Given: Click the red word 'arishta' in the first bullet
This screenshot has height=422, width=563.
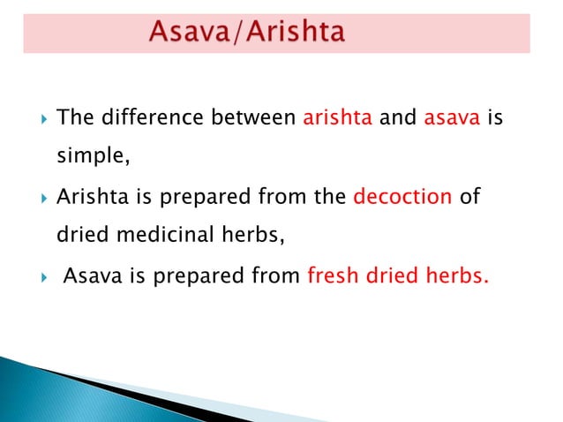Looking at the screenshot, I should (337, 117).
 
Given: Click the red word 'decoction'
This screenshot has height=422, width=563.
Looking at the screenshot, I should (402, 196).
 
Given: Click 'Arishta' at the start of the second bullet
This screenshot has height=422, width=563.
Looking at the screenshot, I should (89, 196).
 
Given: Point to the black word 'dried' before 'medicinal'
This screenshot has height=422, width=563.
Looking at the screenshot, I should (81, 235).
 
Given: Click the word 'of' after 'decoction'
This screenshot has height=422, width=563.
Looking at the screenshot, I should (470, 196).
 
